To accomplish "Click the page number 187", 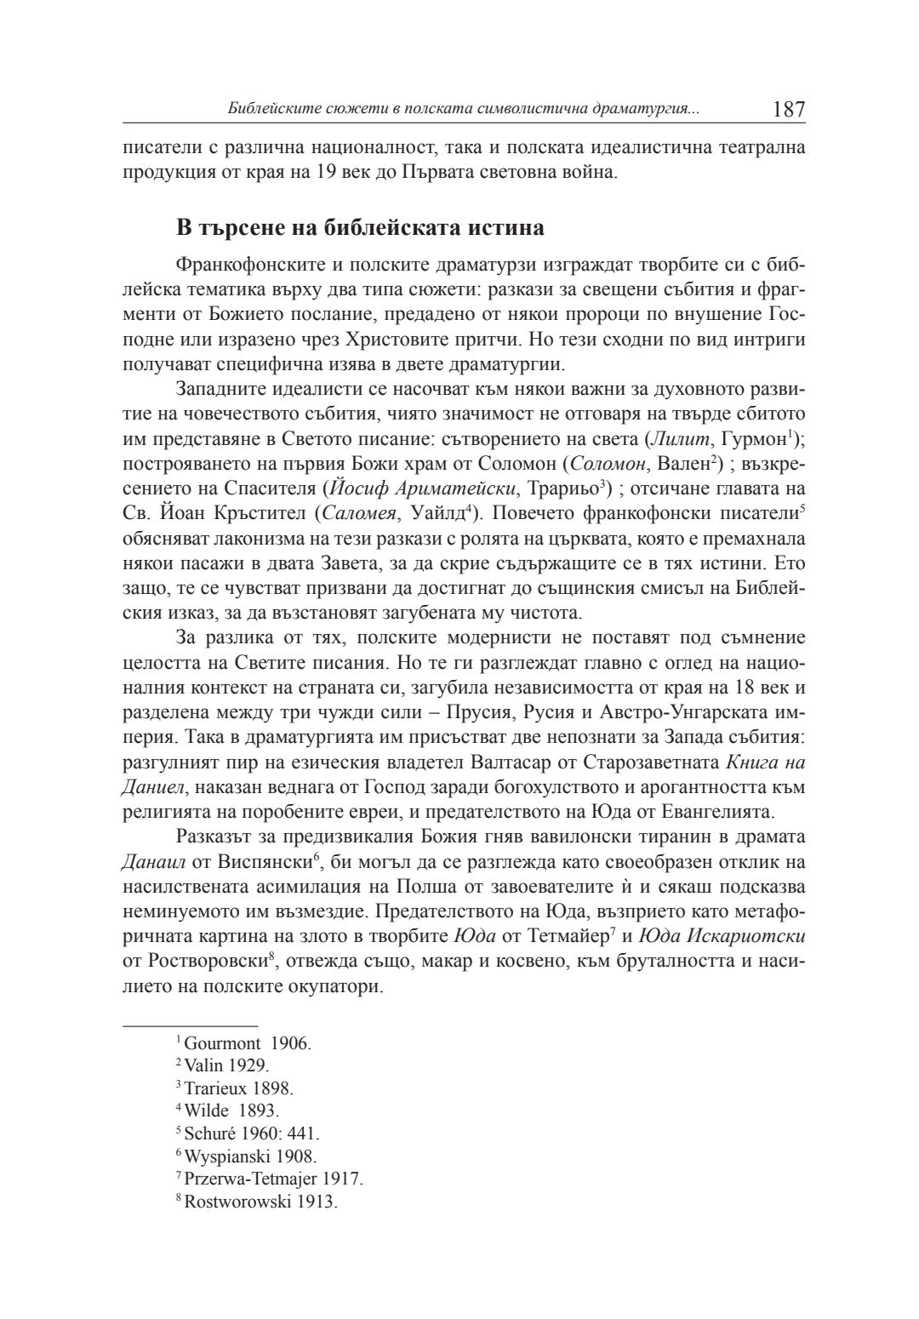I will point(788,109).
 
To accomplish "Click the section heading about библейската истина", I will point(360,228).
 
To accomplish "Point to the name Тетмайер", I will point(555,934).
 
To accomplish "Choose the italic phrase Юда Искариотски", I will point(723,934).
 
